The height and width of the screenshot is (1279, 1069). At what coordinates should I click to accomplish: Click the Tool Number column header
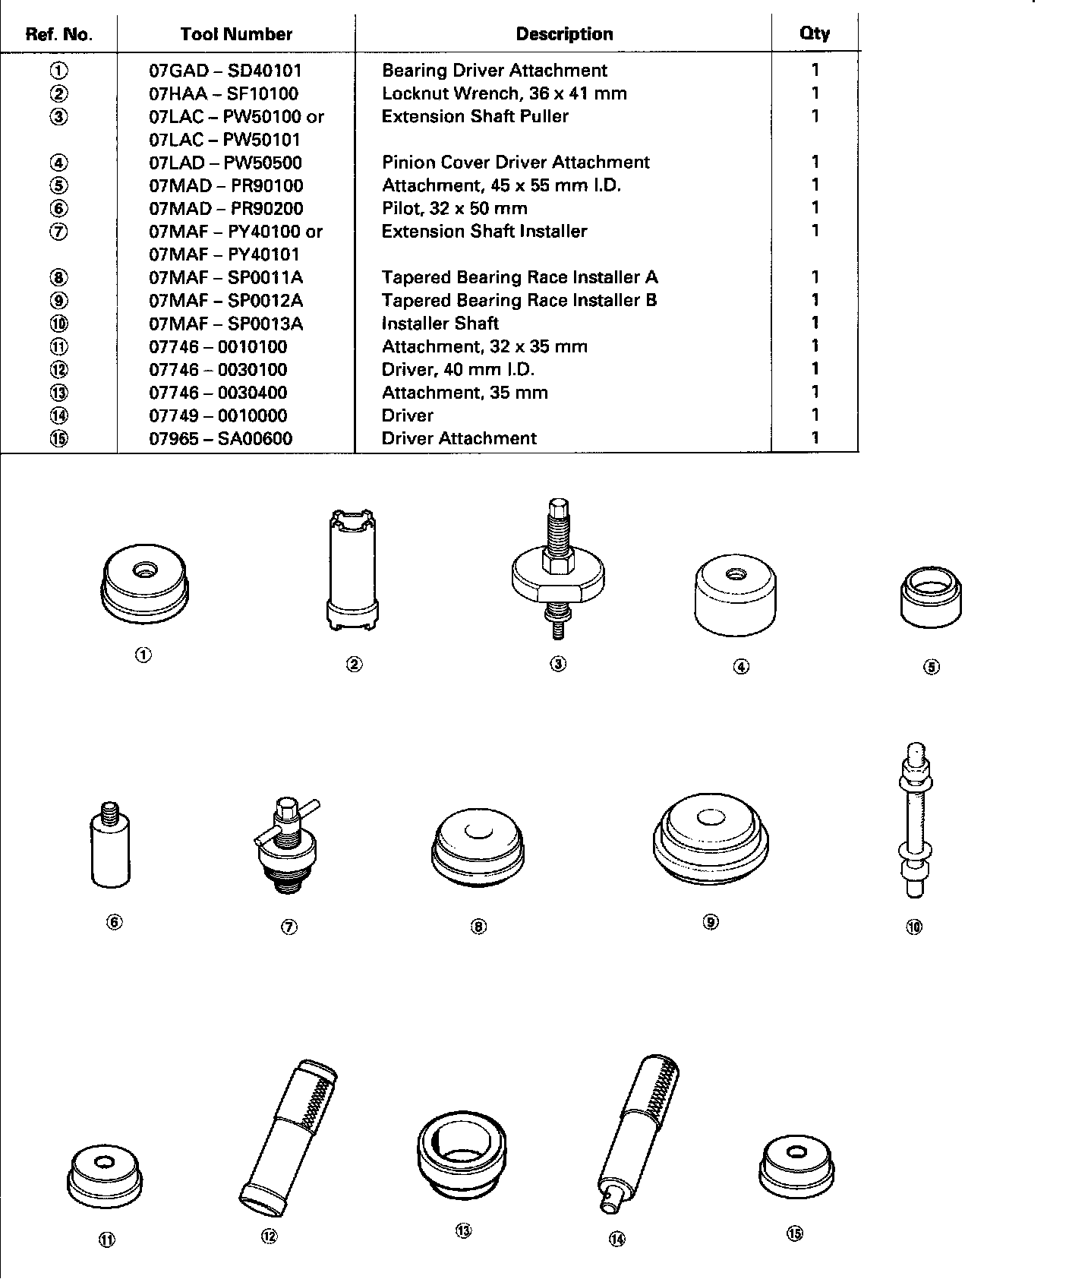(x=236, y=34)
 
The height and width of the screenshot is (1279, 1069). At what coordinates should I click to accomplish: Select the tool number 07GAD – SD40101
(x=225, y=71)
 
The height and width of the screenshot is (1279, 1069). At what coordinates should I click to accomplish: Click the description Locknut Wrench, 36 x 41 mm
(x=504, y=93)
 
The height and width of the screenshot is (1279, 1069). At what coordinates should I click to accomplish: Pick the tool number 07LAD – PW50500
(x=225, y=163)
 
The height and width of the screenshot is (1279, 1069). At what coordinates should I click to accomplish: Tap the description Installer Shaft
(x=440, y=324)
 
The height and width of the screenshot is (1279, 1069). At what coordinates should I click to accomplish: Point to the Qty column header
(x=815, y=33)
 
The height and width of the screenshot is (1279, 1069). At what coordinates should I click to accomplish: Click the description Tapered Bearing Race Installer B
(x=519, y=300)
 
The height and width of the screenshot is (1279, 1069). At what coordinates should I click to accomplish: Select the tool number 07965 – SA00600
(x=220, y=438)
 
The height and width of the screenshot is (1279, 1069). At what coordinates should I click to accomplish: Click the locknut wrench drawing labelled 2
(x=353, y=571)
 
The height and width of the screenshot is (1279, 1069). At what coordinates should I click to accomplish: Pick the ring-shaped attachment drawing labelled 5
(x=931, y=599)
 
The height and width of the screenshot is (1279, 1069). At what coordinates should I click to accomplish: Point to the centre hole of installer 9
(x=710, y=818)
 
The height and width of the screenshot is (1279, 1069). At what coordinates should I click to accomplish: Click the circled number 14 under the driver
(x=616, y=1239)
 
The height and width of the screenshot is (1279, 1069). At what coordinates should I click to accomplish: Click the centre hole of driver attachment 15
(x=796, y=1152)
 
